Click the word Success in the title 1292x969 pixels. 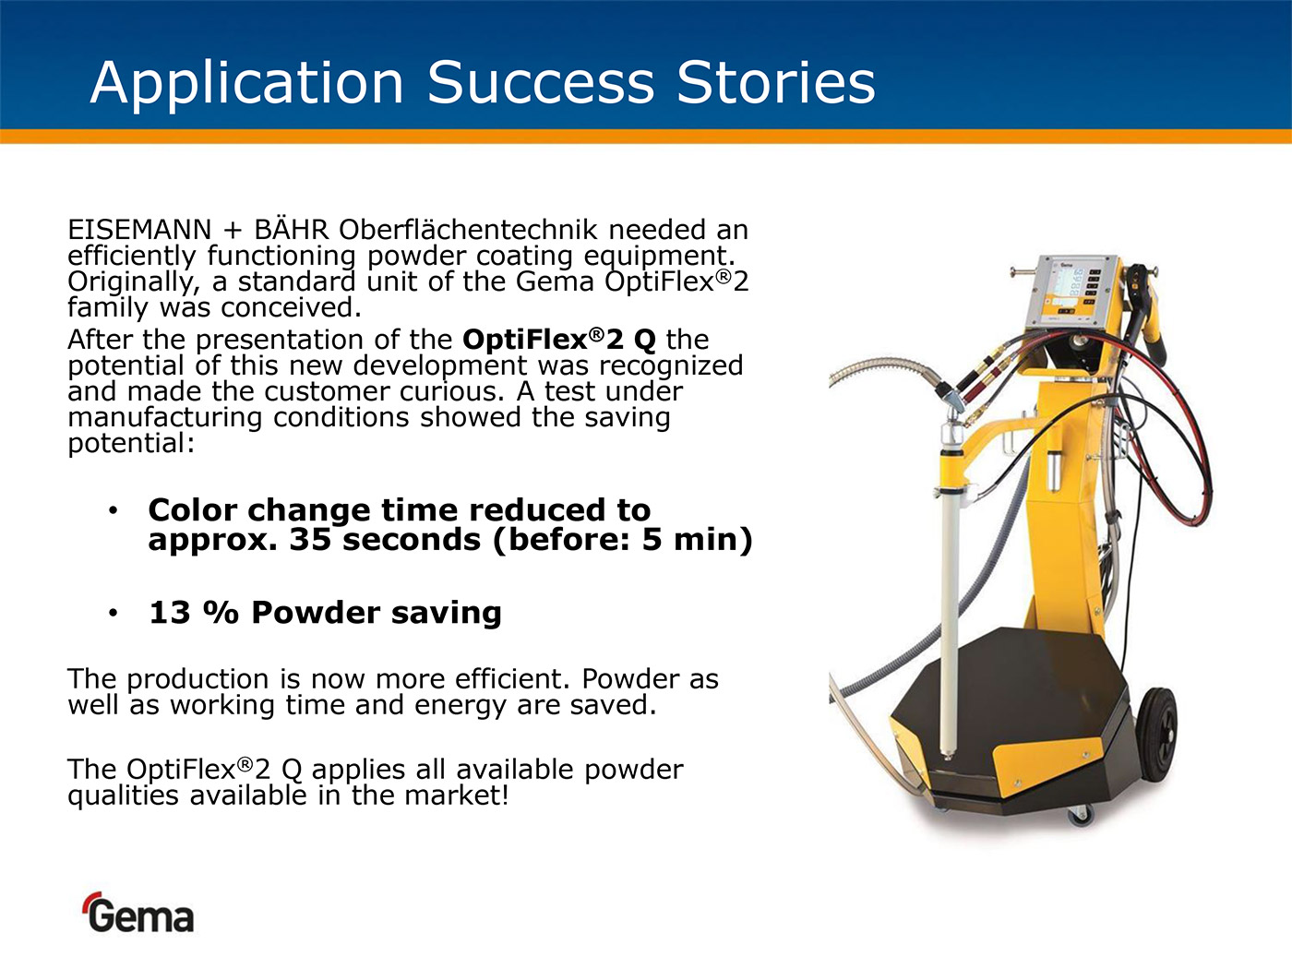point(540,82)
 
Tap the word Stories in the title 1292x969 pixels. point(776,82)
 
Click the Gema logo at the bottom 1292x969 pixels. point(138,913)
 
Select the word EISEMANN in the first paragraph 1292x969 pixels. point(139,230)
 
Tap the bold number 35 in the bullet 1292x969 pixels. point(310,540)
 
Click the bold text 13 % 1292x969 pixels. point(194,613)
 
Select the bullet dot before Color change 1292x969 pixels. point(113,510)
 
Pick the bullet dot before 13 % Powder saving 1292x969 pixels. point(113,614)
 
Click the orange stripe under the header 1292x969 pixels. point(646,137)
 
